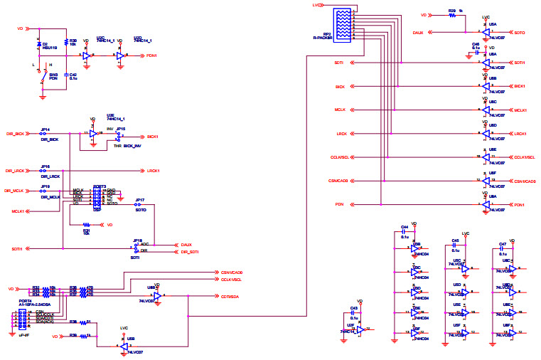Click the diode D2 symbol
pos(38,46)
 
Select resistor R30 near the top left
pos(66,43)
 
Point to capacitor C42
pos(66,74)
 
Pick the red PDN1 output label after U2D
pos(151,55)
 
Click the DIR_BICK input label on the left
pos(16,133)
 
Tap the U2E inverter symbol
pos(94,133)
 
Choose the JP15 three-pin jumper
pos(119,137)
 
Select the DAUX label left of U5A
pos(418,33)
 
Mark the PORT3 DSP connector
pos(98,198)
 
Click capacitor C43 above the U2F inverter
pos(353,314)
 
